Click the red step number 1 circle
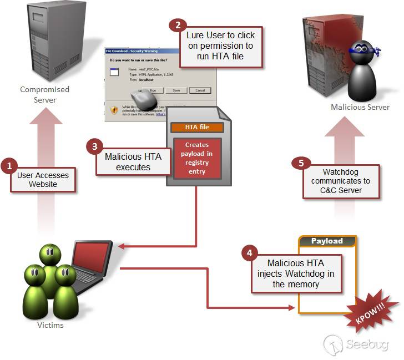[x=8, y=165]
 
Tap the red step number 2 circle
[x=178, y=25]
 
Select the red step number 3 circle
[x=95, y=146]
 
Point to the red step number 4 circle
[x=250, y=253]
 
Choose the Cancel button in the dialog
[x=200, y=90]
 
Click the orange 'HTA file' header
[x=197, y=127]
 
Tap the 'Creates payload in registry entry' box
[x=197, y=158]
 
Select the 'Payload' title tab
[x=327, y=241]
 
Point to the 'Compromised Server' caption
[x=45, y=94]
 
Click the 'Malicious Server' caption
[x=361, y=107]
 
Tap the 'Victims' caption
[x=50, y=325]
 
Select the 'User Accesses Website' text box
[x=43, y=180]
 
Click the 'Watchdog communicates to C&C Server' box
[x=341, y=181]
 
